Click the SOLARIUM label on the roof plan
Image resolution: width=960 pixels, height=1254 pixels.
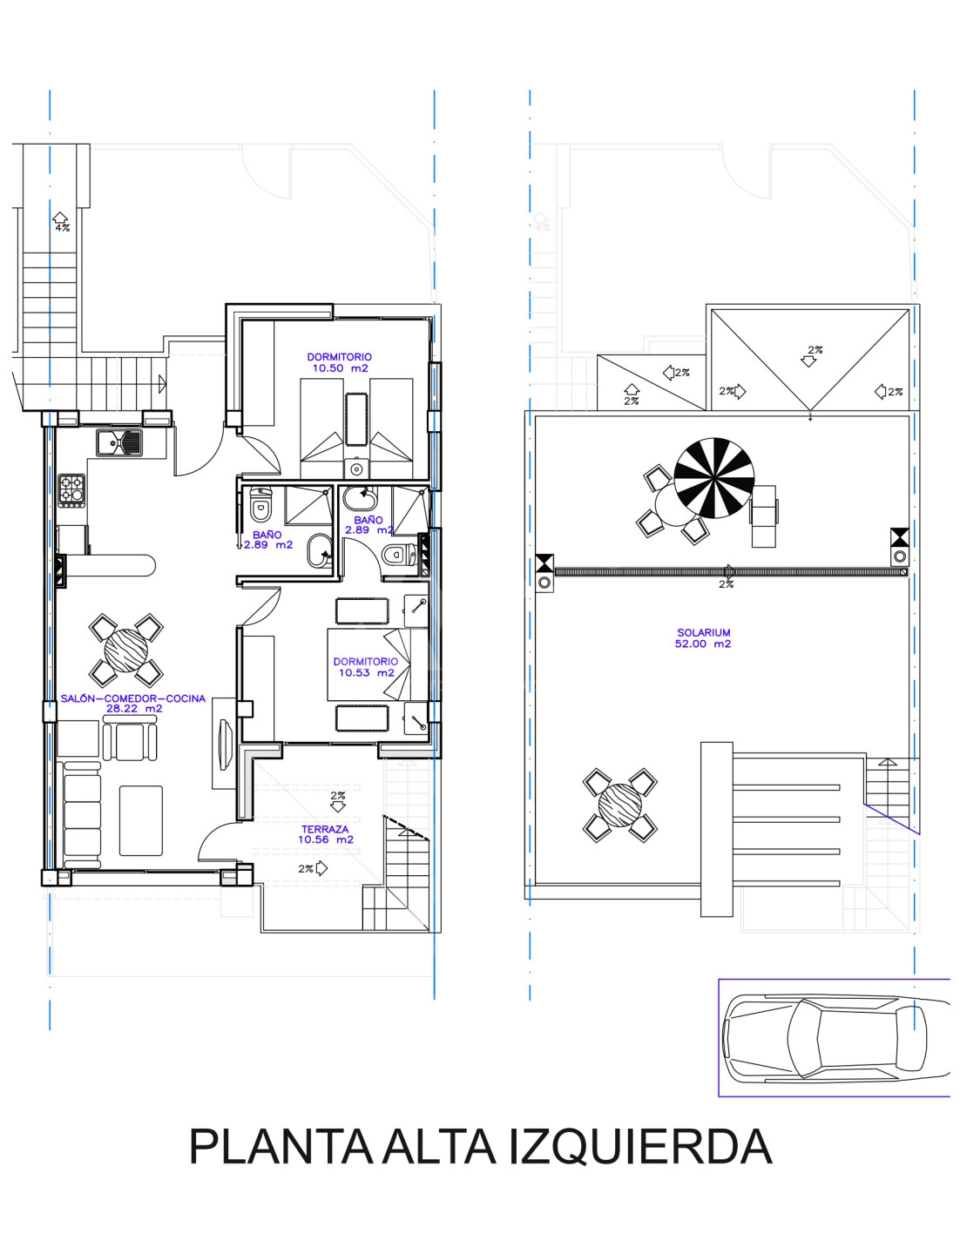coord(703,632)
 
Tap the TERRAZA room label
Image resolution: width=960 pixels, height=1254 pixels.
coord(325,829)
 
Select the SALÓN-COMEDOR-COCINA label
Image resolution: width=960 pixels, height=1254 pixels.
coord(133,698)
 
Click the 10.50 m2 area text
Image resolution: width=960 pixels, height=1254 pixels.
coord(340,368)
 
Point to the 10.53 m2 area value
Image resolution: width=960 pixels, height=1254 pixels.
coord(366,673)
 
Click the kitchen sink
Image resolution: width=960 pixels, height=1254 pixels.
coord(119,442)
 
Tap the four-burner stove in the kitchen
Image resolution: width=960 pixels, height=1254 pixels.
coord(71,490)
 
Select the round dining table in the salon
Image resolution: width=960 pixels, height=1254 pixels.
coord(125,651)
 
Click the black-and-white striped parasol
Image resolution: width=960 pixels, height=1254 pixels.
coord(714,477)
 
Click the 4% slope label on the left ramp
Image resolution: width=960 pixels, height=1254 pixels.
coord(62,228)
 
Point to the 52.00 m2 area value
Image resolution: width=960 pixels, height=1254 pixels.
coord(703,644)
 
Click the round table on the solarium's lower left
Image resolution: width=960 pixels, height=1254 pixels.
coord(620,805)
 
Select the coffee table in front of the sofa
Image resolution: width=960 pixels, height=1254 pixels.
coord(141,820)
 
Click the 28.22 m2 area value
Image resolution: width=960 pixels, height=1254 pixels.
coord(134,709)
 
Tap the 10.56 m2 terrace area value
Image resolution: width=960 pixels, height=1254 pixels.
coord(326,839)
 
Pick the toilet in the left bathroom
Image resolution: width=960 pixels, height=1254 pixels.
coord(260,505)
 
